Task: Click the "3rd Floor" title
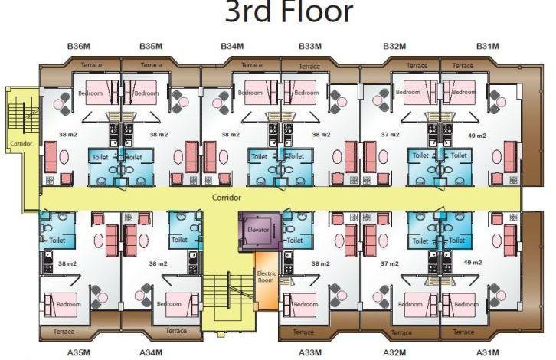[x=289, y=11]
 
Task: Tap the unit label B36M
[x=79, y=46]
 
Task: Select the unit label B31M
[x=488, y=46]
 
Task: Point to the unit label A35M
[x=79, y=352]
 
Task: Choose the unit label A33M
[x=310, y=352]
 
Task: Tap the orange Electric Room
[x=267, y=280]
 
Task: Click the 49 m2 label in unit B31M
[x=477, y=136]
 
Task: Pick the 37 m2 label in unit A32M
[x=389, y=263]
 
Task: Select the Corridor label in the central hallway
[x=226, y=197]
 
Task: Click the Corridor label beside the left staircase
[x=21, y=143]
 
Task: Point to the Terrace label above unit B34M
[x=252, y=65]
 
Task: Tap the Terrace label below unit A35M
[x=64, y=331]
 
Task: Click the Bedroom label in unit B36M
[x=90, y=93]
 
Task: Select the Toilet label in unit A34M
[x=179, y=240]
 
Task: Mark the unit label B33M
[x=310, y=46]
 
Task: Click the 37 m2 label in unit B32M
[x=390, y=134]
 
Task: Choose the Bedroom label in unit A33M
[x=306, y=304]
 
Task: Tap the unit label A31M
[x=488, y=352]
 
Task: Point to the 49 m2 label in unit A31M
[x=473, y=263]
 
